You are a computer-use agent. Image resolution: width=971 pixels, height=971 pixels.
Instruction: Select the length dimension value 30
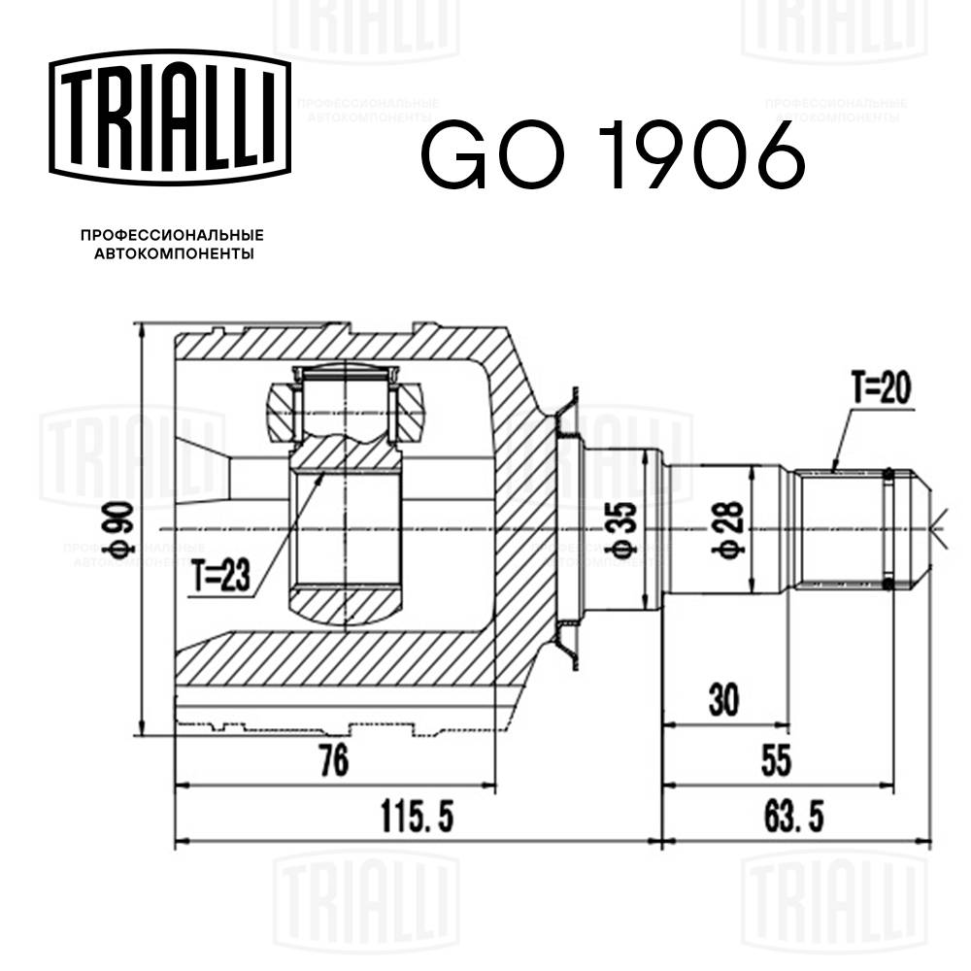723,699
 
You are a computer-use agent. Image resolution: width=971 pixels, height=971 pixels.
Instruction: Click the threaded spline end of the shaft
840,528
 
